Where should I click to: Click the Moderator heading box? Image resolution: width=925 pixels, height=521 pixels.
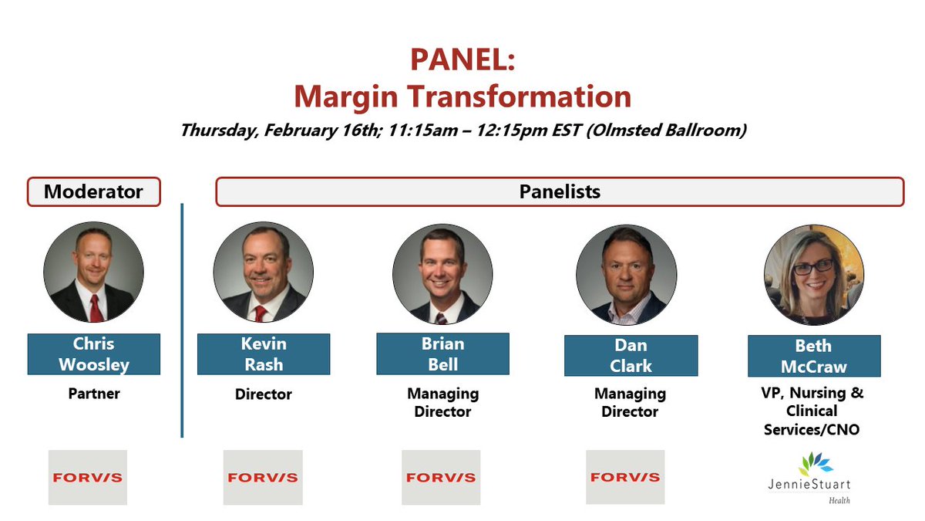click(93, 191)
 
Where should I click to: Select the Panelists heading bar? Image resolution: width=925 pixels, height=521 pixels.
click(559, 191)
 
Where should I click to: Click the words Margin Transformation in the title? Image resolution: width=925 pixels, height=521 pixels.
click(462, 96)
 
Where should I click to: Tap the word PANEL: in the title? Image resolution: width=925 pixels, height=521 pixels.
click(462, 60)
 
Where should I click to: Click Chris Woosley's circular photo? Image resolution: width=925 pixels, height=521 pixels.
click(93, 273)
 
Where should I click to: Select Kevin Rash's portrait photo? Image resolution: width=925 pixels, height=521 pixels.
click(263, 273)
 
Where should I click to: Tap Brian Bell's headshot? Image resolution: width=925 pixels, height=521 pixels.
click(442, 275)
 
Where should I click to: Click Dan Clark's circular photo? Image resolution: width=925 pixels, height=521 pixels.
click(626, 275)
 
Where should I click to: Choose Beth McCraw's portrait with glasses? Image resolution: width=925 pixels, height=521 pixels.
click(813, 276)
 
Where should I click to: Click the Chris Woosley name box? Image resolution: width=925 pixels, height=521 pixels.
click(93, 354)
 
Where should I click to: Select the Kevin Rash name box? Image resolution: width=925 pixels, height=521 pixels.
click(263, 354)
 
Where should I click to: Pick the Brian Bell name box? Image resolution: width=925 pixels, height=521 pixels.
click(442, 354)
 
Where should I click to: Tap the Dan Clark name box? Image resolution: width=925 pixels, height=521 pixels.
click(631, 356)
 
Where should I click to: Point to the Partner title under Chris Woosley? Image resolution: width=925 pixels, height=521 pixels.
click(93, 394)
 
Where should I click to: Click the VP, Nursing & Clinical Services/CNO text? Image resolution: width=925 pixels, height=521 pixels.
click(813, 411)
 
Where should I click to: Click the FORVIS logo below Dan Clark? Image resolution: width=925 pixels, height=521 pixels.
click(625, 477)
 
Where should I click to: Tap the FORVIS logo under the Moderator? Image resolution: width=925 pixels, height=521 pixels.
click(87, 477)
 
